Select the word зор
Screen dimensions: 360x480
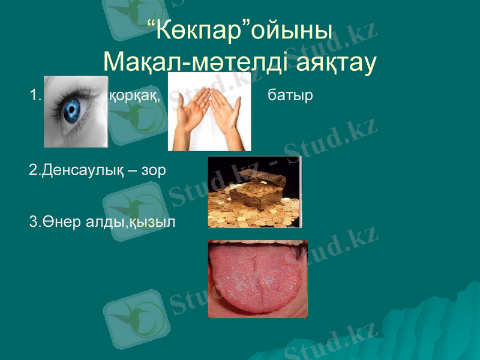[x=154, y=170]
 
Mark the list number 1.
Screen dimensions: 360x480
[x=34, y=95]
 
